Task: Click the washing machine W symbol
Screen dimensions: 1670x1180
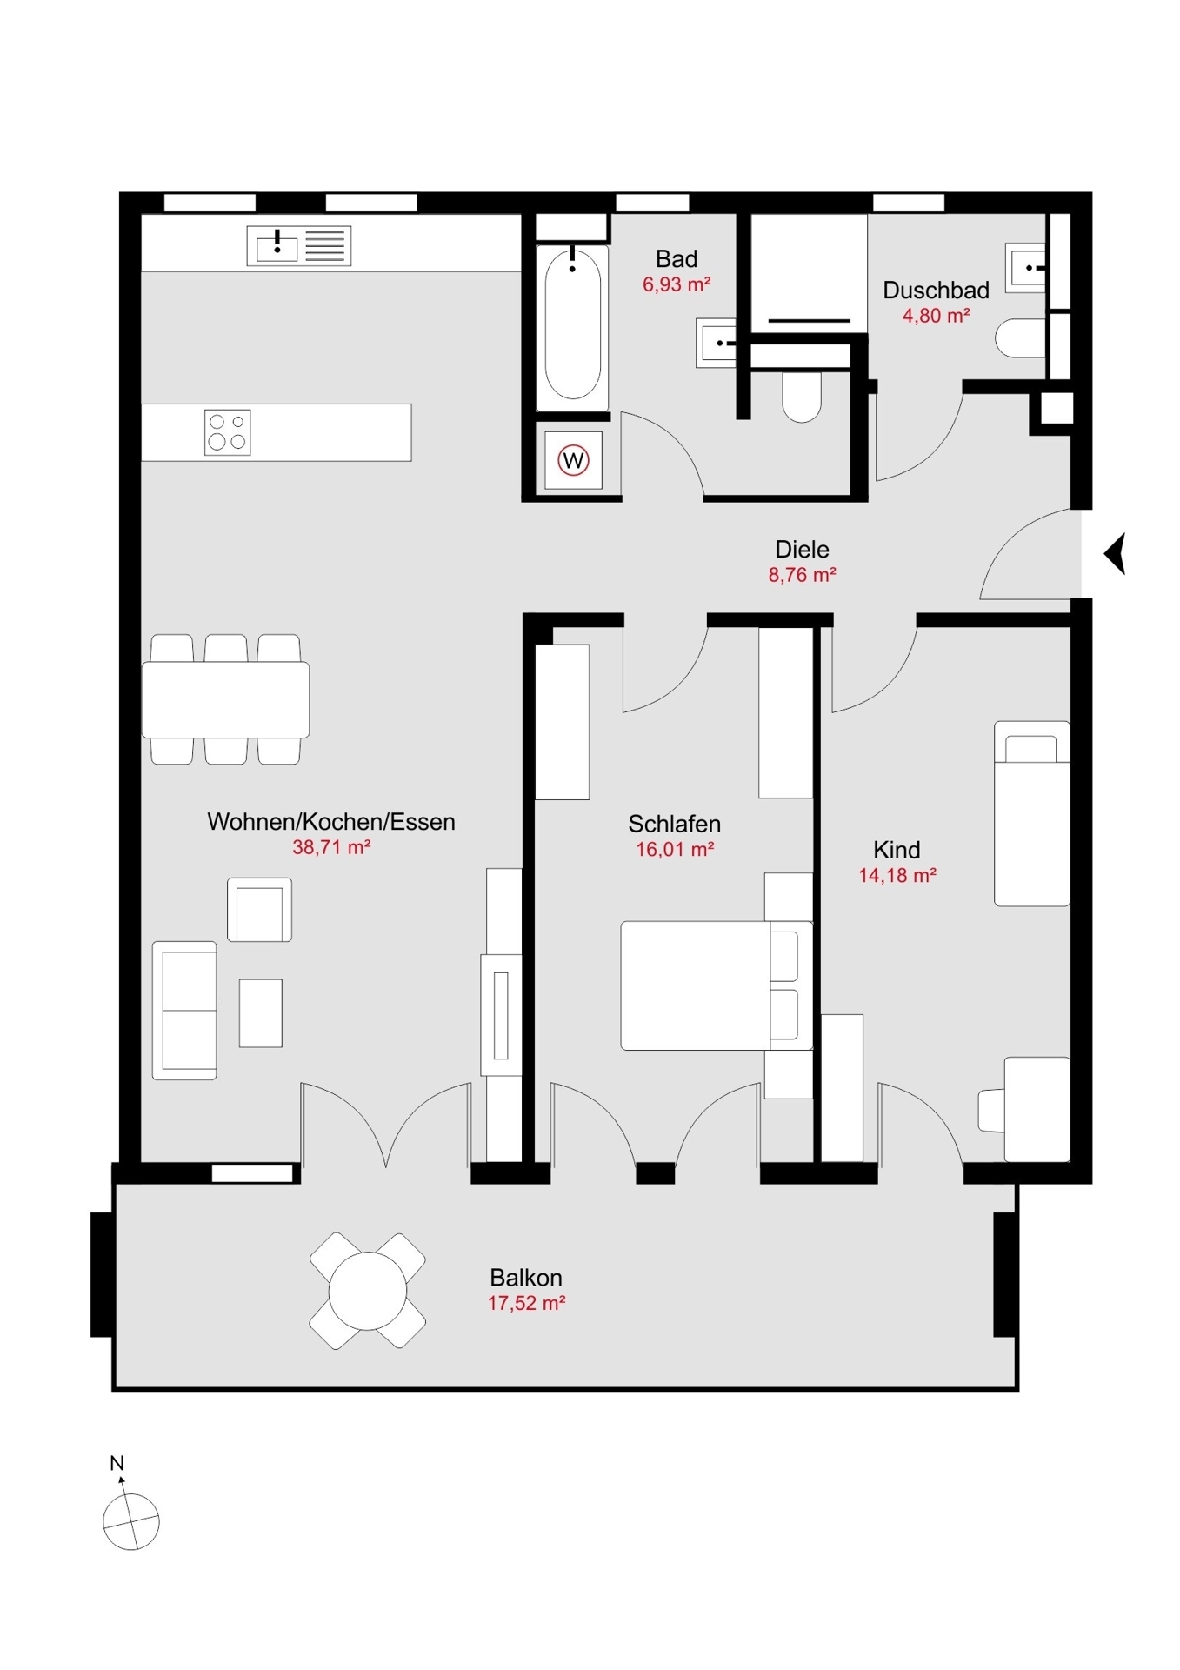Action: point(573,459)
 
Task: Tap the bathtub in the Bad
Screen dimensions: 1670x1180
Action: point(572,328)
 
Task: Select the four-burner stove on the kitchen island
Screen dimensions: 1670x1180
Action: point(227,432)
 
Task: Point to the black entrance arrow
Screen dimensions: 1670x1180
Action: point(1115,553)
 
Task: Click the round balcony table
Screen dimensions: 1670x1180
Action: point(368,1291)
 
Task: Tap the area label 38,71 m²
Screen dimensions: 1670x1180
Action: point(331,847)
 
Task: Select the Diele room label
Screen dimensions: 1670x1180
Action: point(802,550)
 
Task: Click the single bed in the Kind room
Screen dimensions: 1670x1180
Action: point(1031,813)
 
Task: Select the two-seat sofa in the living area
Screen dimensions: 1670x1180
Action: point(184,1010)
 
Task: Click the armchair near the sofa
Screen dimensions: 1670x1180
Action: point(259,910)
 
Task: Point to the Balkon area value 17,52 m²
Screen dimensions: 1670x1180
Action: point(526,1303)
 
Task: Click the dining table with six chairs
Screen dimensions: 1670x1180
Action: point(225,699)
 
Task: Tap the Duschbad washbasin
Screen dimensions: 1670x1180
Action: point(1026,268)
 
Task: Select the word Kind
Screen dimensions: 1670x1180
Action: point(897,850)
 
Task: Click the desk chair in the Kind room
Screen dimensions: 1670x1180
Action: point(992,1110)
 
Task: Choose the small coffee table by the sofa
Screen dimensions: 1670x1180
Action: point(261,1012)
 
